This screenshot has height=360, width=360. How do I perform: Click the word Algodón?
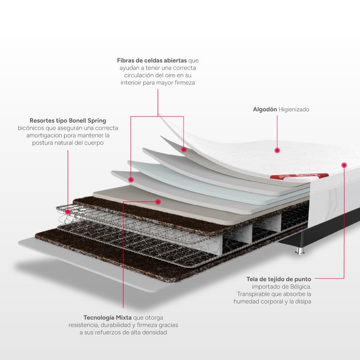(264, 109)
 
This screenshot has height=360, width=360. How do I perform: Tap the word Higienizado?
(294, 109)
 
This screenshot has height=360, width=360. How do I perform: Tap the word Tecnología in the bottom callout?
(100, 317)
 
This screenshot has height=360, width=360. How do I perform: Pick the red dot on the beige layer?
(158, 202)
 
